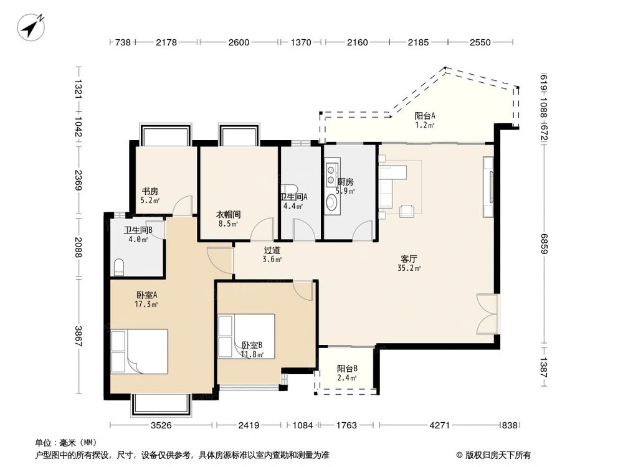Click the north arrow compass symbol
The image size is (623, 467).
31,27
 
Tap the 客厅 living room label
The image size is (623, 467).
409,259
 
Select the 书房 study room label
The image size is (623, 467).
150,191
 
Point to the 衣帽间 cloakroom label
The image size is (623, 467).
228,214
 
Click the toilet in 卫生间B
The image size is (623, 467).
119,267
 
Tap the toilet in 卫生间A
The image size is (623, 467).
289,189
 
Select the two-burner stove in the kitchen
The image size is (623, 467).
331,176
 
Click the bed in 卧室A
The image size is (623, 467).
139,351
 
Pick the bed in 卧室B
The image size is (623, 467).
246,336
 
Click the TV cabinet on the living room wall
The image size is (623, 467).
488,187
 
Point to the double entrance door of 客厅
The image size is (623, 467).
487,314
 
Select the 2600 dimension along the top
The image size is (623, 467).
239,42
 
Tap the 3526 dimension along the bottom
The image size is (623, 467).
161,425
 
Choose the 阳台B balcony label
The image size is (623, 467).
347,369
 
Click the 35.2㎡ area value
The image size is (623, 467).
409,268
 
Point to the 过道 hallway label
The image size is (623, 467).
272,250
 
